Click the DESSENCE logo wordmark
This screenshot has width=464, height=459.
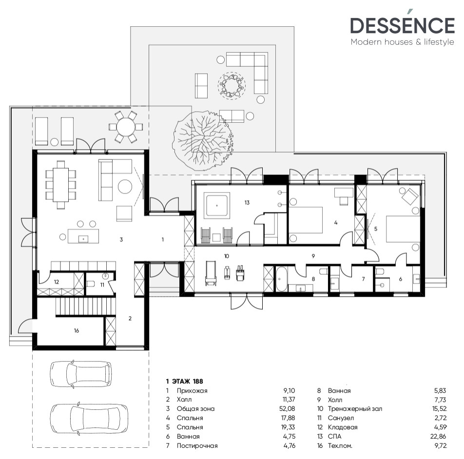click(x=402, y=25)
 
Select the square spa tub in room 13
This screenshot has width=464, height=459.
click(x=216, y=206)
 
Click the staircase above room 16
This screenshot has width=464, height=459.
click(x=77, y=308)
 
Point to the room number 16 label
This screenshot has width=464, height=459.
click(x=76, y=330)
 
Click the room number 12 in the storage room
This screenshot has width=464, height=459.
click(x=56, y=282)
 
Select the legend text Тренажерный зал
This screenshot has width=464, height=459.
click(x=355, y=409)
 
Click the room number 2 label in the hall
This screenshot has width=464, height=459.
click(x=130, y=318)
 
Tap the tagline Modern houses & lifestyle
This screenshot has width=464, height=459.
click(x=402, y=42)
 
